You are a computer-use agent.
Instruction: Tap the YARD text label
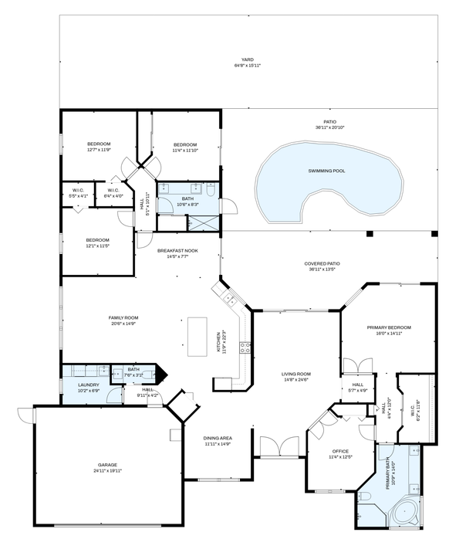pyautogui.click(x=247, y=59)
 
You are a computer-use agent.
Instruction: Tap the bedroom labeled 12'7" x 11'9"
pyautogui.click(x=98, y=147)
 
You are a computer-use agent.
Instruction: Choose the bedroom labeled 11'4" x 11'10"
pyautogui.click(x=185, y=147)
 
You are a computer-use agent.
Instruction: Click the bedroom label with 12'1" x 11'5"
pyautogui.click(x=97, y=242)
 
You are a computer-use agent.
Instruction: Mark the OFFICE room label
pyautogui.click(x=340, y=453)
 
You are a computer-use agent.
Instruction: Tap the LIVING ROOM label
pyautogui.click(x=296, y=376)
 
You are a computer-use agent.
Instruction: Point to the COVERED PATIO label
pyautogui.click(x=322, y=266)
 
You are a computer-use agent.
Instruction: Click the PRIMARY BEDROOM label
pyautogui.click(x=389, y=330)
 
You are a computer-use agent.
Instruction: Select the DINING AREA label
pyautogui.click(x=218, y=440)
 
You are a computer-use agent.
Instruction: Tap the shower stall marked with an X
pyautogui.click(x=203, y=223)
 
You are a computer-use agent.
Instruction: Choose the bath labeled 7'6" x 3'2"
pyautogui.click(x=133, y=372)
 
